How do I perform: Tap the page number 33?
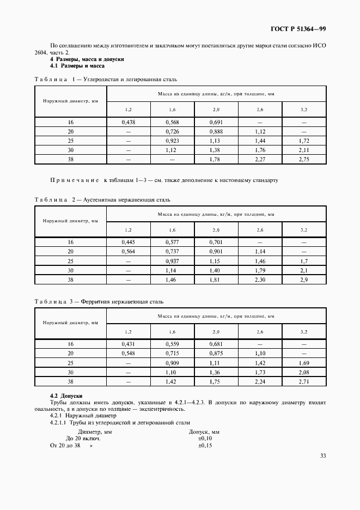323,456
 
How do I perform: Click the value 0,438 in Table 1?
129,122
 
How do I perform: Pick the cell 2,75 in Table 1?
304,160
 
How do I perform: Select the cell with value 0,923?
172,141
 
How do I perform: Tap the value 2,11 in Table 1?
304,150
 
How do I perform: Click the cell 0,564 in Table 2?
129,251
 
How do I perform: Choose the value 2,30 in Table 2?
260,280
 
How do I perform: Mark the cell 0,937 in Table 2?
172,261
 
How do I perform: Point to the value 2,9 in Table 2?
304,280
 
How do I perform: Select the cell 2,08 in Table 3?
304,372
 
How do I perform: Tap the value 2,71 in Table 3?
304,381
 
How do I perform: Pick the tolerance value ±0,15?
205,445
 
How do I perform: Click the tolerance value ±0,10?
205,438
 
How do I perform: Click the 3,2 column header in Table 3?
304,331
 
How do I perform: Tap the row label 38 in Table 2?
70,280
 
